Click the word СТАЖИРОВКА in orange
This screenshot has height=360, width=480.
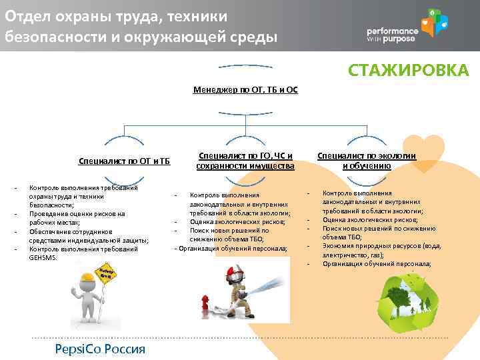click(409, 70)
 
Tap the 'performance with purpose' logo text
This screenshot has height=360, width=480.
click(393, 35)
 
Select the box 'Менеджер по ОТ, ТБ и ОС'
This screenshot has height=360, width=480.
click(245, 89)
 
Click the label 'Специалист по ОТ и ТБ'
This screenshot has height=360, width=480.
click(124, 161)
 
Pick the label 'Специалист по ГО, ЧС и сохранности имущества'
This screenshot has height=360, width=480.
click(245, 161)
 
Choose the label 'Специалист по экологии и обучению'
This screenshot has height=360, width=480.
click(367, 161)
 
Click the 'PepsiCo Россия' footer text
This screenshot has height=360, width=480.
click(91, 350)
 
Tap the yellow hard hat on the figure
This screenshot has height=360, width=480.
click(88, 278)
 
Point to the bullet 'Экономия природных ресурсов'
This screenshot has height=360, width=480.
click(381, 245)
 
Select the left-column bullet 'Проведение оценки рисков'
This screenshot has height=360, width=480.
click(77, 214)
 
